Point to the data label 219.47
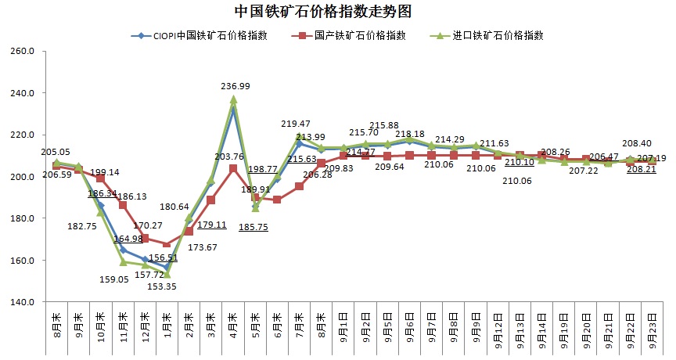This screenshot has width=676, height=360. click(x=296, y=123)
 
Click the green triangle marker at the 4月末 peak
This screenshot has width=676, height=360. click(x=233, y=100)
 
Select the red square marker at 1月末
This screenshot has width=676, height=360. click(x=167, y=244)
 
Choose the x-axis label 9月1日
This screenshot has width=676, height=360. click(x=343, y=327)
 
